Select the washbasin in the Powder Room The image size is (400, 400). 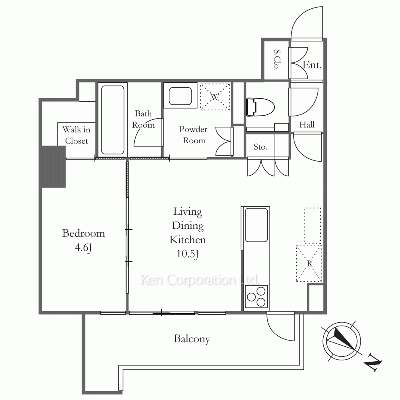point(182,96)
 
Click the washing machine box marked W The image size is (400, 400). point(215,96)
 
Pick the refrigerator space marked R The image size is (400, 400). point(309,263)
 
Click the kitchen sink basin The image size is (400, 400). point(256,225)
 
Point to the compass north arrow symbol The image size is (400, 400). point(339,340)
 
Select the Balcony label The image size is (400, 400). point(192,339)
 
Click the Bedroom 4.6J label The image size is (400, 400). point(84,240)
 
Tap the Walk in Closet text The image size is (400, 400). point(76,135)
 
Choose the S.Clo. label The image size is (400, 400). point(276,60)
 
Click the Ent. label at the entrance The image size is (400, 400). point(312,65)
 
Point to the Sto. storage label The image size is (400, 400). point(260,147)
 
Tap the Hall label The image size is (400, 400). point(307,124)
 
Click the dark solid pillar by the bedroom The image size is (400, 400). point(52,166)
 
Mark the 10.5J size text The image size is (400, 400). point(188,254)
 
